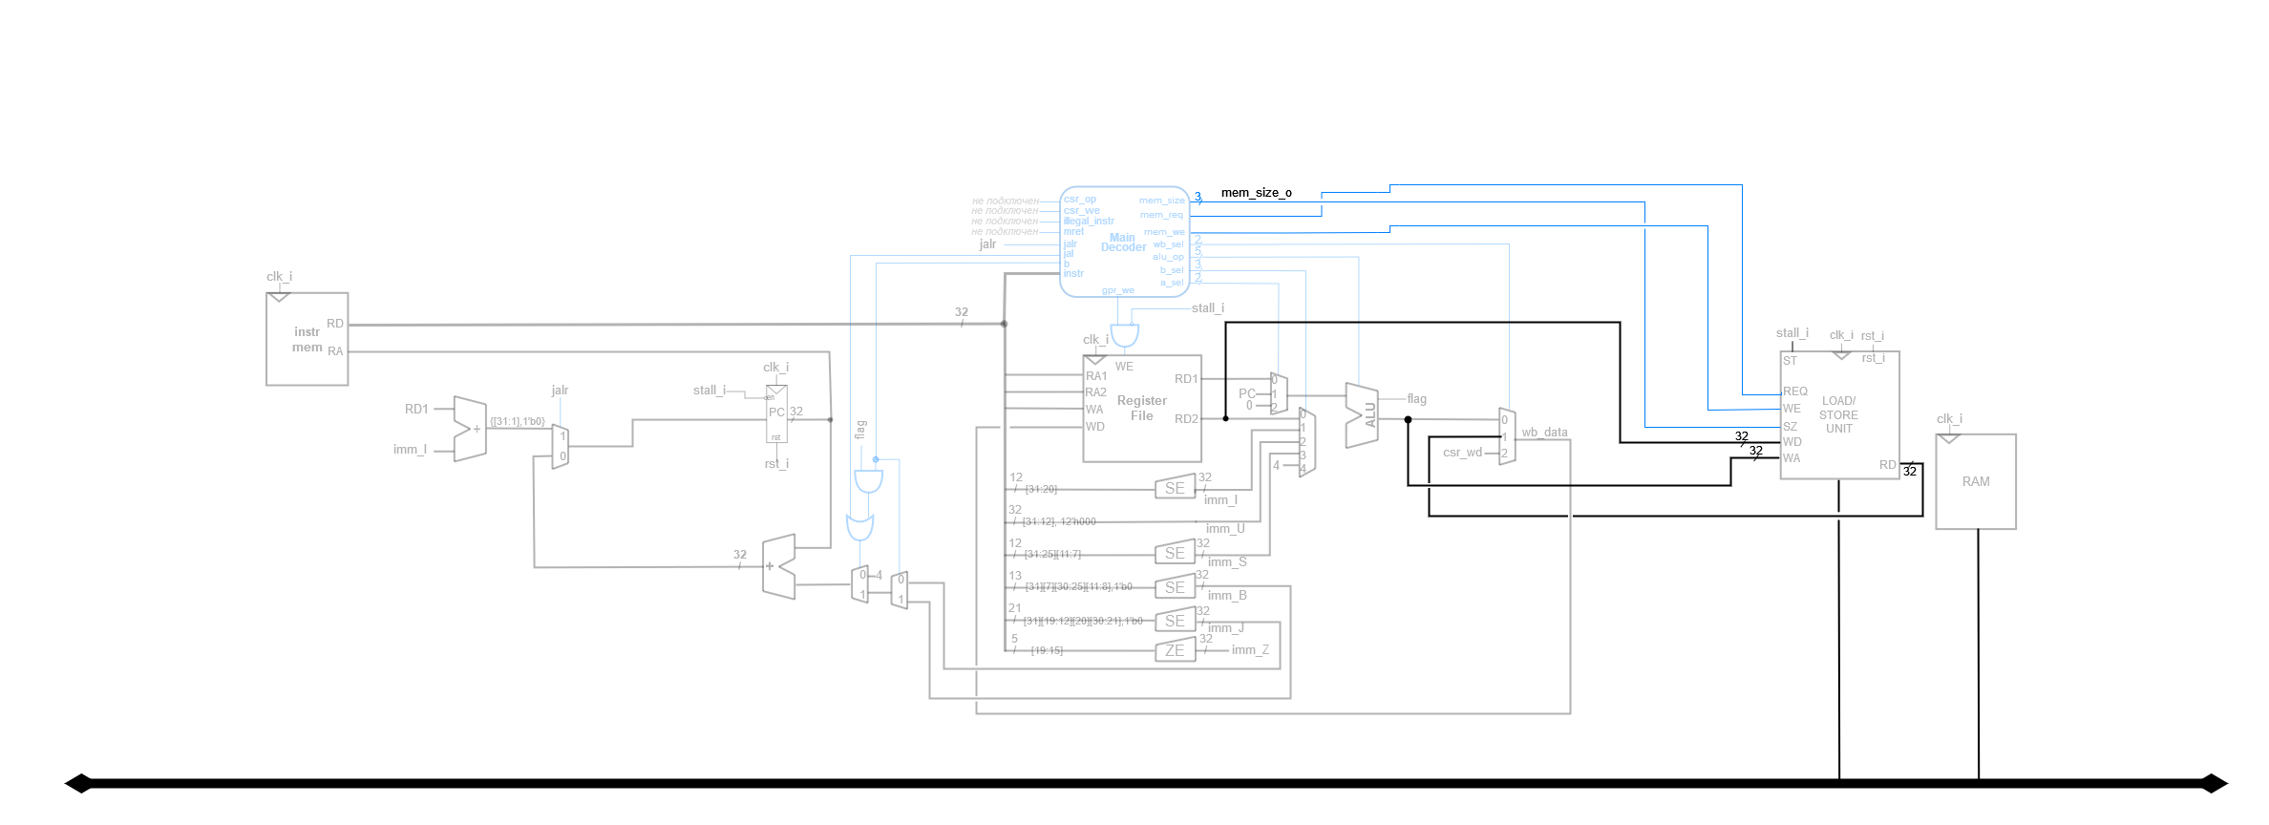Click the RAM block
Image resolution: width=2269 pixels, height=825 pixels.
(1975, 481)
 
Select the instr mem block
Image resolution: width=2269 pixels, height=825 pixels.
(307, 339)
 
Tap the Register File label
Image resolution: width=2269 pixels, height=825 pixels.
(1141, 408)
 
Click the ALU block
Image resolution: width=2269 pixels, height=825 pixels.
(1362, 415)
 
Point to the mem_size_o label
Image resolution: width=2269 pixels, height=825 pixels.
(1256, 193)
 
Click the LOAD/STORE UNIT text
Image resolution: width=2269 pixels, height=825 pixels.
(1838, 414)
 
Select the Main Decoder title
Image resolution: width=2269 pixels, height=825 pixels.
(1123, 243)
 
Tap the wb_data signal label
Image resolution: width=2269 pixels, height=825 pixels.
(1544, 433)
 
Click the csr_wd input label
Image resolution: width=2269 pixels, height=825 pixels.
(1462, 453)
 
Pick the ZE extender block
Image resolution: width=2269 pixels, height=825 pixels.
(1175, 651)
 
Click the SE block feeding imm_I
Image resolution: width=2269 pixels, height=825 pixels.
(1175, 488)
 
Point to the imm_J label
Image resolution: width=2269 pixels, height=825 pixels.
(1225, 628)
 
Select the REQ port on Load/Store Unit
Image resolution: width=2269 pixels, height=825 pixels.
(1795, 391)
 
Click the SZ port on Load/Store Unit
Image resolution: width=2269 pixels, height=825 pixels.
(1791, 427)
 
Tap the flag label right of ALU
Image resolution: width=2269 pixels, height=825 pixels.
(1416, 399)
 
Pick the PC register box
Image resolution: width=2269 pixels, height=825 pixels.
(776, 413)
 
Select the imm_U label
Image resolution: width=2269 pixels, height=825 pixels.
(1225, 529)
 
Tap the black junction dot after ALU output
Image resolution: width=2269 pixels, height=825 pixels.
(1408, 419)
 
